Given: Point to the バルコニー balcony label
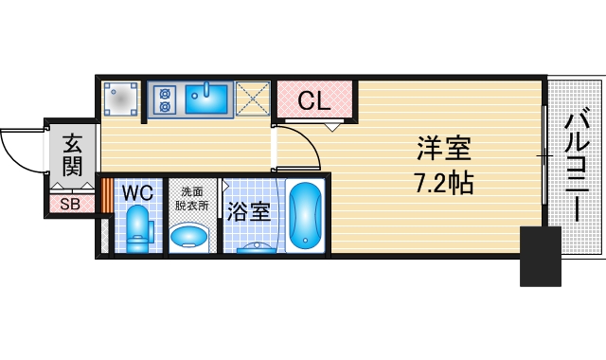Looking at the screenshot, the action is tap(579, 166).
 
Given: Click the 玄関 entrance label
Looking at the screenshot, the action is tap(72, 155).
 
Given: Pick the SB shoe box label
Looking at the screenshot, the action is tap(71, 203).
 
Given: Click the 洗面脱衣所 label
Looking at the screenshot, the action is tap(193, 196).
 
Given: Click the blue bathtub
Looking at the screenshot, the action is tap(306, 216).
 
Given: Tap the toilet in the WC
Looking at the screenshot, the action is tap(138, 229).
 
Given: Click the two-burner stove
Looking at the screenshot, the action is tap(164, 99).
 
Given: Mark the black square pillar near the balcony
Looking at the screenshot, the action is tap(542, 256).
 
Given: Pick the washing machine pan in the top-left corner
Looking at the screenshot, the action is tap(121, 98).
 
